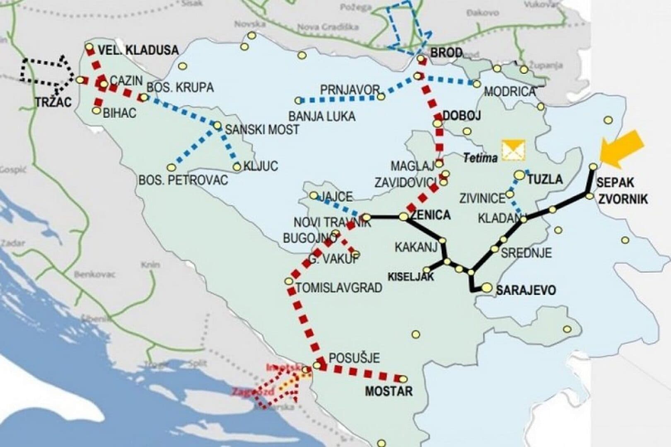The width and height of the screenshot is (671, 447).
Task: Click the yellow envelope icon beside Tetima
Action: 513,150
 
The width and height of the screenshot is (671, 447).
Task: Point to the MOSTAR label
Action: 389,391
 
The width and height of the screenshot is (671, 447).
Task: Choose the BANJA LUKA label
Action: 322,116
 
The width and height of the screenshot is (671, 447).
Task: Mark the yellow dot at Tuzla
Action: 519,175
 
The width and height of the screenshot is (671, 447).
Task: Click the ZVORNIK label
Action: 623,199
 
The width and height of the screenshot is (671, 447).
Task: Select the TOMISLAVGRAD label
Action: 339,287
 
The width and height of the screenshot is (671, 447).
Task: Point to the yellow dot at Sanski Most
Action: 217,125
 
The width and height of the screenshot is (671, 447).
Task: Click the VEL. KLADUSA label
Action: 138,50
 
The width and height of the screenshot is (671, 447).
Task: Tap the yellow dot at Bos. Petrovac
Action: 171,167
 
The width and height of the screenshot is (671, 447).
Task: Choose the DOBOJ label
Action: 461,115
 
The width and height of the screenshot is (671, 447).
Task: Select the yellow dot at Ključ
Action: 237,167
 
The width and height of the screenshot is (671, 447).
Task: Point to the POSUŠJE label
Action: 354,358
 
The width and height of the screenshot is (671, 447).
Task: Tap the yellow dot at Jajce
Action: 314,195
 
